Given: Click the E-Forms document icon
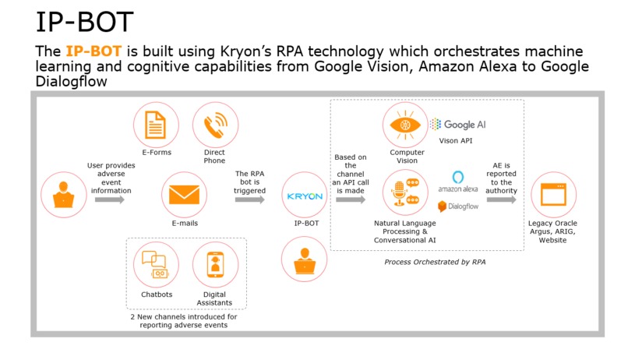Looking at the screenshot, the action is coord(156,125).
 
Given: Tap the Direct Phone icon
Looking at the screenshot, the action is coord(216,125).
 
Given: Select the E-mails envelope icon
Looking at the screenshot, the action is coord(184,195).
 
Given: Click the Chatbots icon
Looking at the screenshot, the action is coord(156,265).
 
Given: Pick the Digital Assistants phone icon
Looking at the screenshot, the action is coord(216,265).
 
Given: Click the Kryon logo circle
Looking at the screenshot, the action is coord(305,195).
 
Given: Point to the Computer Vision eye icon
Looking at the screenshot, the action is coord(405,125).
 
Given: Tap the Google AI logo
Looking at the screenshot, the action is coord(458,124).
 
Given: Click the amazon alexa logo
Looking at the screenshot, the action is coord(458,182).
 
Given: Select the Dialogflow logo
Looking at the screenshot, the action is coord(458,206).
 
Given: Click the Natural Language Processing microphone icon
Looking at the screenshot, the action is coord(405,192).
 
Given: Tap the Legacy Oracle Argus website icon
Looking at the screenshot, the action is coord(553,195).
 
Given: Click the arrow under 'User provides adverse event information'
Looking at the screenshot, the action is coord(110,199).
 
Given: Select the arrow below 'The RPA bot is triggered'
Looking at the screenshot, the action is coord(249,199).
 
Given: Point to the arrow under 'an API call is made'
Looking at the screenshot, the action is coord(351,199).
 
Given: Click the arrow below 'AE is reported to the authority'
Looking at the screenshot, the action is coord(502,199).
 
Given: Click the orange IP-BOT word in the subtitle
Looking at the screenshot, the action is coord(93,51).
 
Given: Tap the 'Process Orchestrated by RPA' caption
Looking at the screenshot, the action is coord(435,262).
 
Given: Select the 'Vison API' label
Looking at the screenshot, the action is coord(455,140).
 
